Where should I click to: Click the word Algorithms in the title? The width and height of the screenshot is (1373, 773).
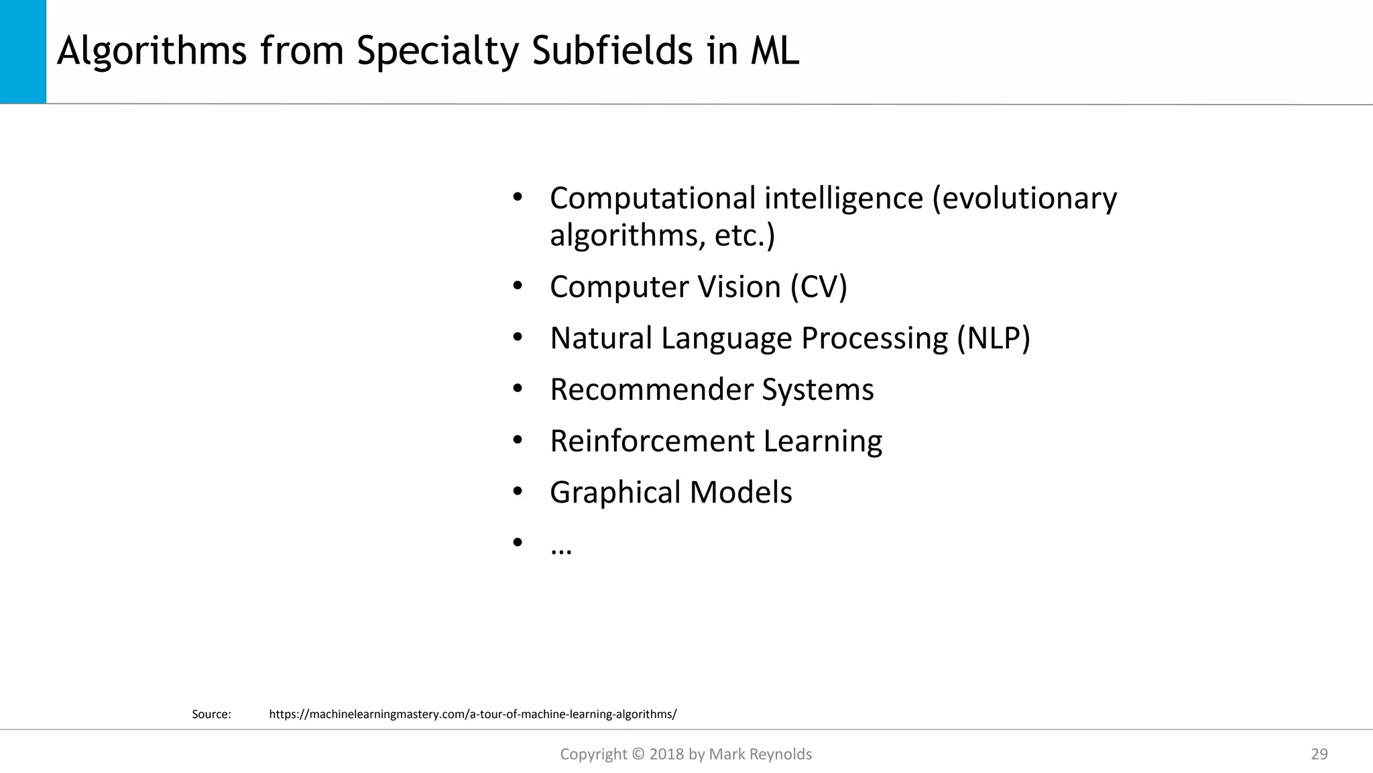tap(152, 51)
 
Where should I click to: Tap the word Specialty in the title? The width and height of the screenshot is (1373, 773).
tap(438, 51)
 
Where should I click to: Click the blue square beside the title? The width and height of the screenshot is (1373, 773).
tap(23, 52)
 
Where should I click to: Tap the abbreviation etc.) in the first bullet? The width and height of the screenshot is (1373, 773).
tap(744, 236)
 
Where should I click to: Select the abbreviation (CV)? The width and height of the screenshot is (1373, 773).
tap(819, 287)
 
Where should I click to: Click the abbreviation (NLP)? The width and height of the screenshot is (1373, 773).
tap(993, 338)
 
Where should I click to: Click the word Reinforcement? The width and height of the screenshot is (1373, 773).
tap(652, 442)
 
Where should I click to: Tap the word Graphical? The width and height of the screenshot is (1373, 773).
tap(615, 493)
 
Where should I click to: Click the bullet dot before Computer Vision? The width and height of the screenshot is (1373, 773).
tap(517, 287)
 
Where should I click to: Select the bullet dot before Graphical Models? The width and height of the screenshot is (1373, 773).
tap(517, 492)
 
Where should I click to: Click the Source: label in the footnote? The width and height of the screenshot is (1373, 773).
tap(211, 714)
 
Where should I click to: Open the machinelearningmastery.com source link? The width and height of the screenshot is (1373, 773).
tap(473, 714)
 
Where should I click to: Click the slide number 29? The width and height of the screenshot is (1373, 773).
tap(1319, 754)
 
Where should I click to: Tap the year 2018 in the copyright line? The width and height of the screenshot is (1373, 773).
tap(666, 754)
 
